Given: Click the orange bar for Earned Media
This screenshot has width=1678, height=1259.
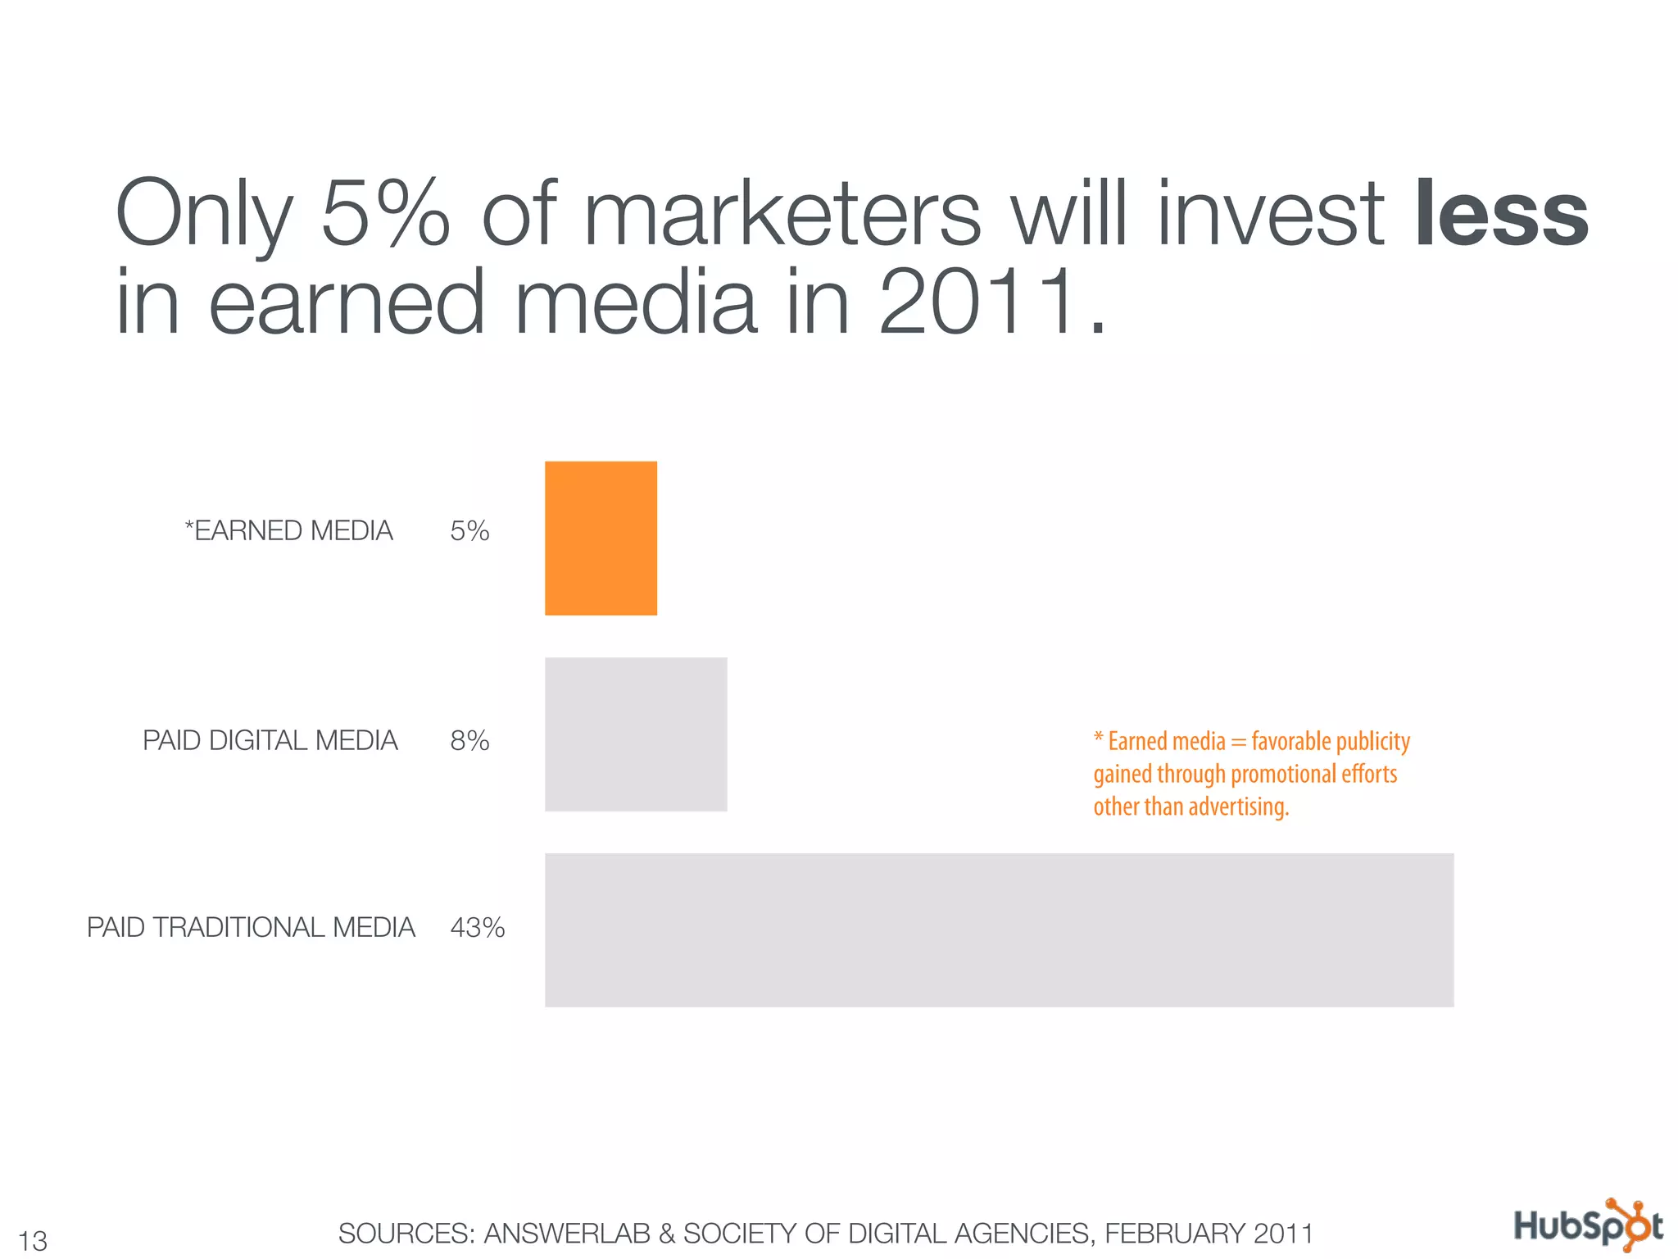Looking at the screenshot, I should [601, 538].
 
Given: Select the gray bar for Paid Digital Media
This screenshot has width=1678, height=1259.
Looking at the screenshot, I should [636, 734].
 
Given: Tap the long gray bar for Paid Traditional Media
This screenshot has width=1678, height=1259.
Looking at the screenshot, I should [999, 929].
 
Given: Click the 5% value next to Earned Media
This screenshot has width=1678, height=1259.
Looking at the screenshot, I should [469, 531].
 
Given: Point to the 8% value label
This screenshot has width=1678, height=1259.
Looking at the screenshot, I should [469, 741].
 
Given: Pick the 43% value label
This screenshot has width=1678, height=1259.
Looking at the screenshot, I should [477, 928].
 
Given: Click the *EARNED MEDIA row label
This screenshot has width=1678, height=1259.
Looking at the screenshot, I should [289, 531].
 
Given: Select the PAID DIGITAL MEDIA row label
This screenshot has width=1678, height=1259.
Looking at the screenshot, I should [270, 741].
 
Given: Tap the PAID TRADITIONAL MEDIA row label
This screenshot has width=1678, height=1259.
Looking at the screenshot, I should [251, 928].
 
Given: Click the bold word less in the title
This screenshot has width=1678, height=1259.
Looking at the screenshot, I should [1502, 215].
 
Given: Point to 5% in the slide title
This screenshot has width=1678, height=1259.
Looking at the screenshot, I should [385, 215].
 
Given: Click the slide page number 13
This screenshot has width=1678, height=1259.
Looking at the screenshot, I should [33, 1240].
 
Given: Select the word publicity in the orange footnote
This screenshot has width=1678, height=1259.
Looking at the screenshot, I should [1372, 742].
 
